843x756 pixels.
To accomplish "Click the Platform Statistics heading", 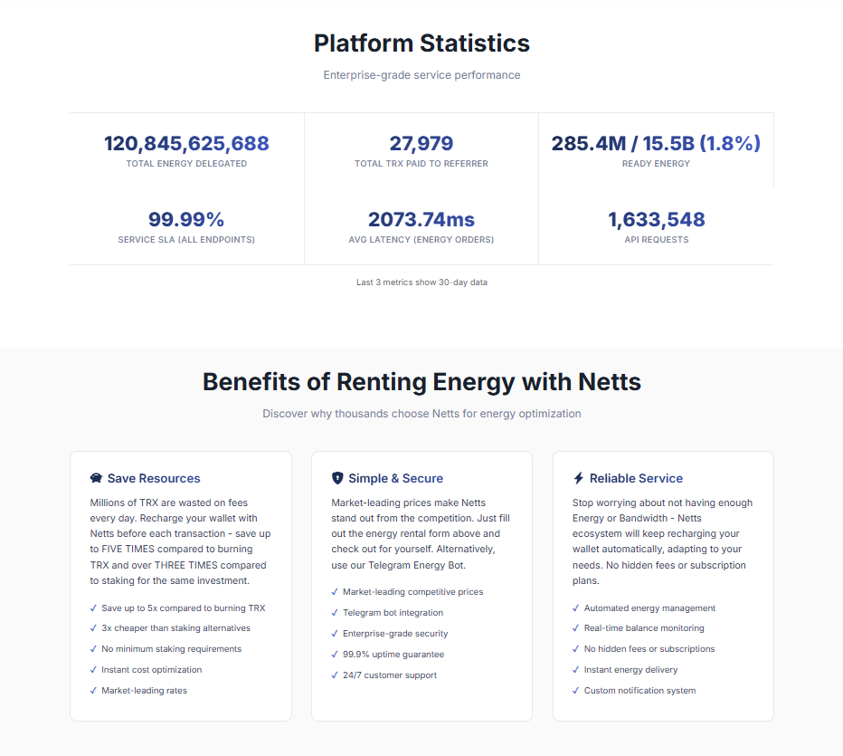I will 421,43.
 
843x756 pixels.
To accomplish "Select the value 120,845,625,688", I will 186,143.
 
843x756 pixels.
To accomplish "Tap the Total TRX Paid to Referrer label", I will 421,164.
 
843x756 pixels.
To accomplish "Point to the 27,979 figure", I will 421,143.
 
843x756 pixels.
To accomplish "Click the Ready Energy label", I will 656,164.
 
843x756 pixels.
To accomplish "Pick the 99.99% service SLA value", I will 186,219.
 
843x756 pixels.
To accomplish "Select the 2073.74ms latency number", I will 421,219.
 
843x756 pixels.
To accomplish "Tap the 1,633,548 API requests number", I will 656,219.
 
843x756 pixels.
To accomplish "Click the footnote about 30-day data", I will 421,282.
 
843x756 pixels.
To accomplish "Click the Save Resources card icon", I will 96,478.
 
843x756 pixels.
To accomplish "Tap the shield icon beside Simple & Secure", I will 337,478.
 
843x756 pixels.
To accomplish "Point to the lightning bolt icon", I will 579,478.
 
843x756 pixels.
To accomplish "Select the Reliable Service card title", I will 636,478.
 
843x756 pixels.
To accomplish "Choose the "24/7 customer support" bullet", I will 389,675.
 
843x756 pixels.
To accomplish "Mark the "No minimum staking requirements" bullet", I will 171,649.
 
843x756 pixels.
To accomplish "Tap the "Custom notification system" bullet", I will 639,691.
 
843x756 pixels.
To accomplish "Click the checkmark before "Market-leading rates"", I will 93,691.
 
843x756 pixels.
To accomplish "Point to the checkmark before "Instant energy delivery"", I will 576,670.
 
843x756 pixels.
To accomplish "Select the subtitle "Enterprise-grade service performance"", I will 421,75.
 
